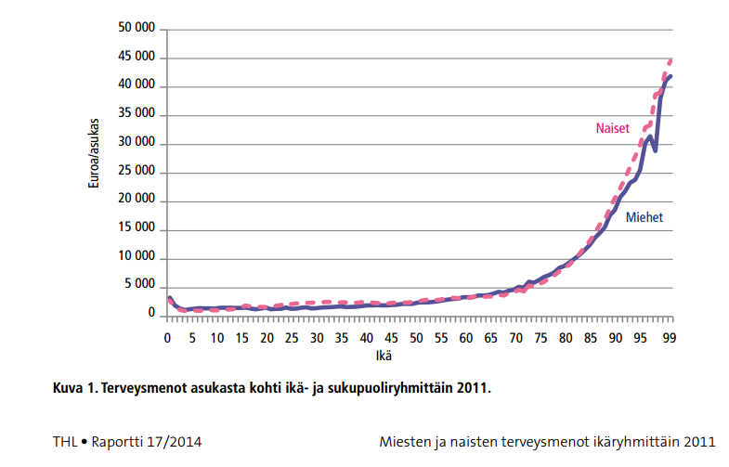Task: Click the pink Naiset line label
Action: click(613, 128)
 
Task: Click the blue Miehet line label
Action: click(644, 216)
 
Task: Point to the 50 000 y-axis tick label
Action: click(136, 30)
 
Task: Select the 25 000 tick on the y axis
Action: click(136, 173)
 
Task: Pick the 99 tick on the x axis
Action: click(668, 338)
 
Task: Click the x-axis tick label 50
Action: click(417, 338)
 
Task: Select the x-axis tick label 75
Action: click(541, 338)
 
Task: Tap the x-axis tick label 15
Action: click(242, 338)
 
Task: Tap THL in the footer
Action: click(66, 442)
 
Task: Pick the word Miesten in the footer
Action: click(406, 442)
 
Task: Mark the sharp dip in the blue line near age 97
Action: click(656, 149)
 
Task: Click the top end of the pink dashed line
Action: click(670, 60)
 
